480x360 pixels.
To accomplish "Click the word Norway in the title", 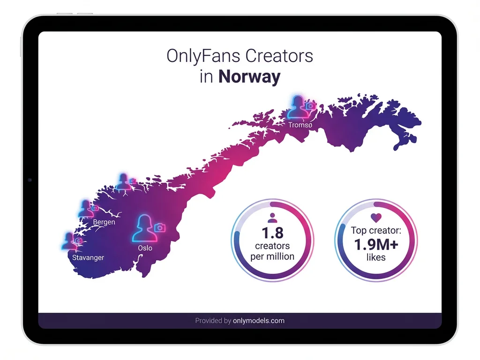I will coord(249,77).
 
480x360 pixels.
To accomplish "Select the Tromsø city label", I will coord(300,125).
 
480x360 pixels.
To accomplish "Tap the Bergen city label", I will coord(104,222).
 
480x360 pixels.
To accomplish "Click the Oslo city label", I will coord(145,248).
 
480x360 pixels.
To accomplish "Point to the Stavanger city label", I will coord(88,258).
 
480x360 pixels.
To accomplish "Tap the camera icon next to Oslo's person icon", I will coord(160,227).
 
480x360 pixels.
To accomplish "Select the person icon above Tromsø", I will coord(297,107).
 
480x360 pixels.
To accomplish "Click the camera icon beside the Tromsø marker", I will coord(310,107).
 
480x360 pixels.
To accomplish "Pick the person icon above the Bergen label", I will coord(85,209).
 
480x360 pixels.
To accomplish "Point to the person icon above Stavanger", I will coord(69,240).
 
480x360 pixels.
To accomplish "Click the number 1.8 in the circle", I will coord(272,233).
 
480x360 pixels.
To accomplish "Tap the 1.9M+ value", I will coord(376,244).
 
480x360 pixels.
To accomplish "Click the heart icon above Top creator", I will coord(376,217).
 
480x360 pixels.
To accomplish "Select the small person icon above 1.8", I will coord(272,217).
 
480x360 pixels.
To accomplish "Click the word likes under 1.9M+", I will coord(376,257).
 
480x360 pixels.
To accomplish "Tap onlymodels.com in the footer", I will coord(259,321).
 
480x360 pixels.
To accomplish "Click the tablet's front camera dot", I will coord(30,180).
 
